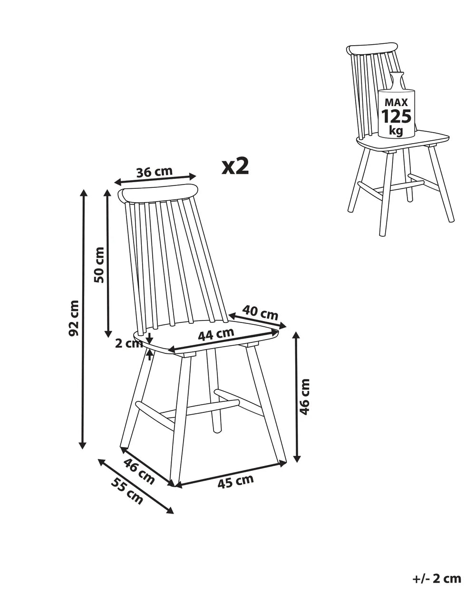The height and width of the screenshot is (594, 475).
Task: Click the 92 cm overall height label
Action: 74,318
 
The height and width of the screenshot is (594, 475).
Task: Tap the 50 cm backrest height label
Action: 99,265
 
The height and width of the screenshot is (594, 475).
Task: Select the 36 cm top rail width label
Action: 154,172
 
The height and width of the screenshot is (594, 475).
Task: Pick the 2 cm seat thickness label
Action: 129,344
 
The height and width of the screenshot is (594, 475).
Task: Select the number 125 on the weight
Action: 396,116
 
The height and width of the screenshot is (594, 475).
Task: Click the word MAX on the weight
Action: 397,102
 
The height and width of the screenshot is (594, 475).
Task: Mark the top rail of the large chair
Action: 158,194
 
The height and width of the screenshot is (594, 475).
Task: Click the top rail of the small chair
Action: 371,49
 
